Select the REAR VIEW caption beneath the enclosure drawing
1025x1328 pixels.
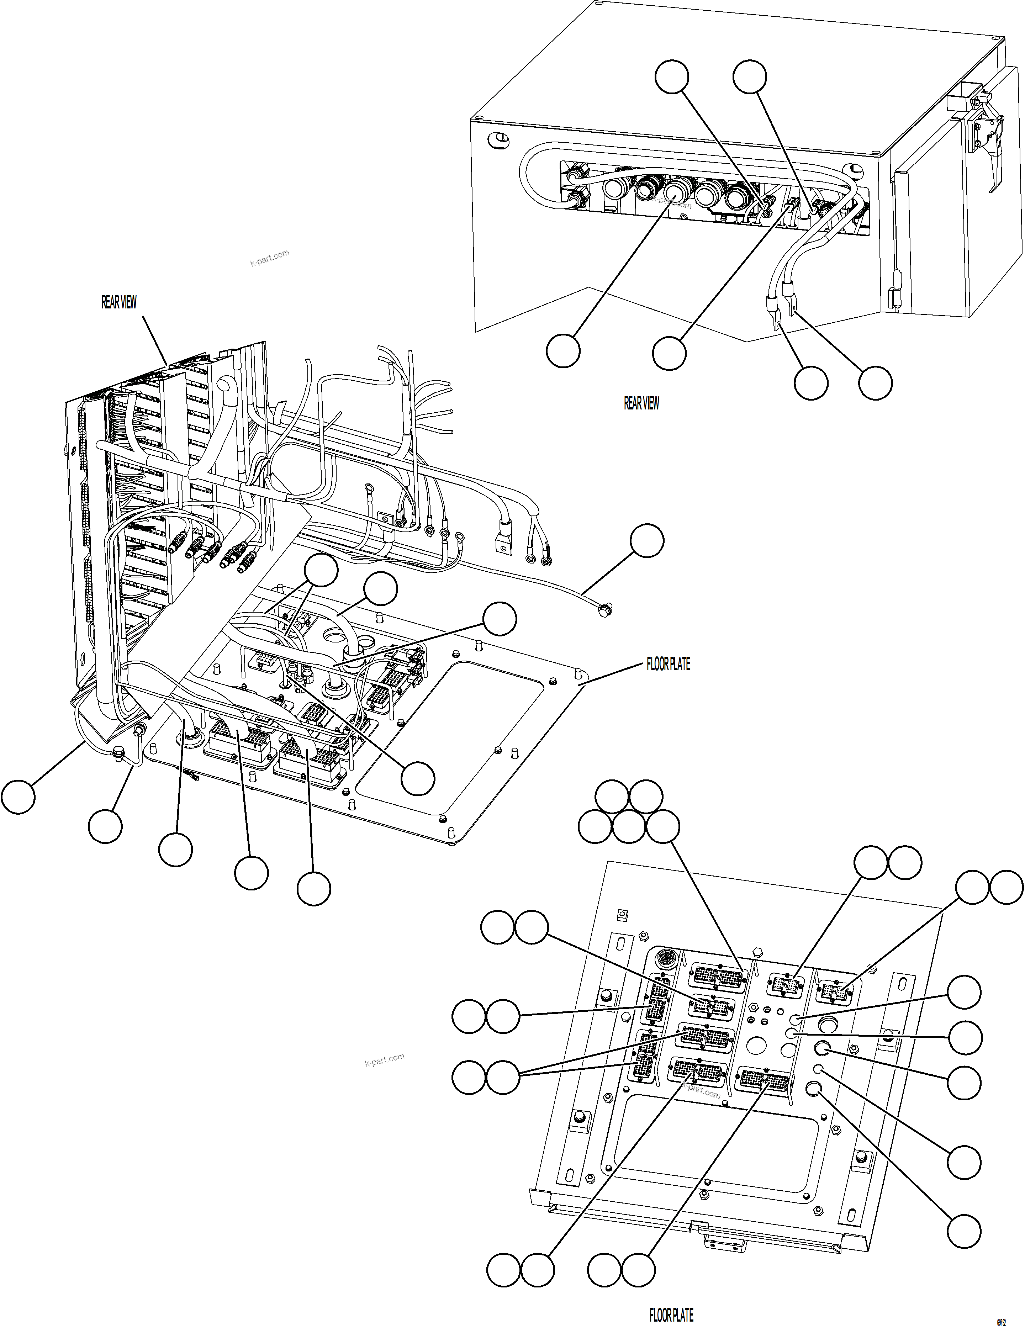(x=641, y=403)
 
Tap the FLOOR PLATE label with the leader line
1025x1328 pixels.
(x=668, y=665)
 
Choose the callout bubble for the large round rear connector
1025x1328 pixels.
(x=562, y=350)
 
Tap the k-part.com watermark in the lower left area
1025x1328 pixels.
(x=384, y=1060)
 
